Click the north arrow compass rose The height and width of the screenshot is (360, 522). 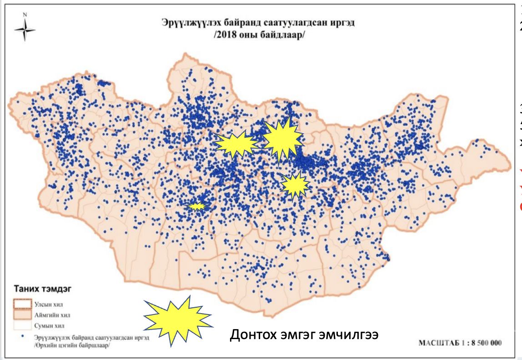pyautogui.click(x=25, y=29)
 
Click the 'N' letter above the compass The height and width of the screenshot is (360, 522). pyautogui.click(x=25, y=14)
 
